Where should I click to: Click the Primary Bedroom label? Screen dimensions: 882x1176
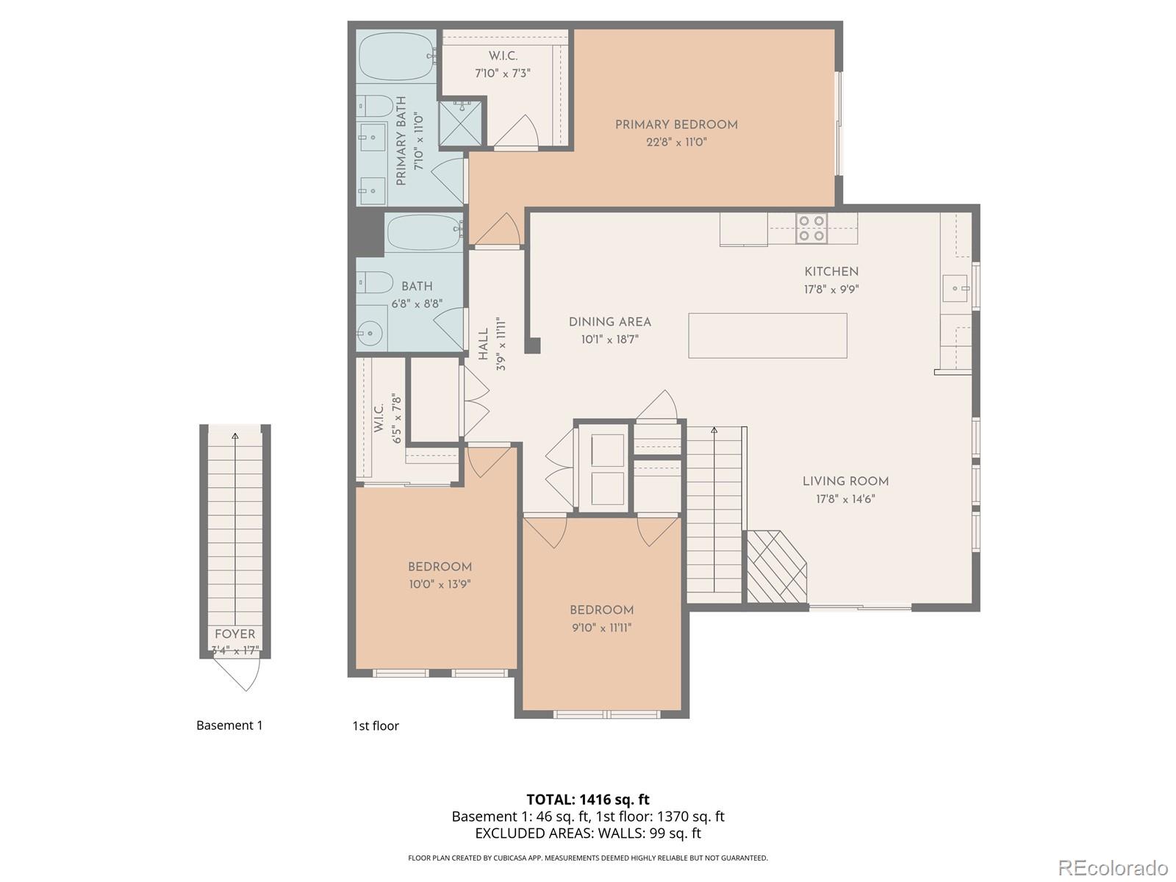coord(676,125)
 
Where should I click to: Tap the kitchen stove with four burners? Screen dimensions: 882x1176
coord(811,228)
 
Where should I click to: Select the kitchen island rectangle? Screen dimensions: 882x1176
coord(767,335)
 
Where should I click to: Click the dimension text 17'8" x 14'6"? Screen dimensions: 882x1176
coord(845,499)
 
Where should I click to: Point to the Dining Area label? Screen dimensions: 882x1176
coord(609,322)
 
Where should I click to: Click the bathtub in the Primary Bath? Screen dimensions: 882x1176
coord(396,57)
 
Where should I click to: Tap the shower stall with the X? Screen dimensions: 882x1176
coord(461,123)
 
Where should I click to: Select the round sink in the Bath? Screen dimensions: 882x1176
coord(371,335)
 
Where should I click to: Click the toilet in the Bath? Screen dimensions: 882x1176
coord(375,282)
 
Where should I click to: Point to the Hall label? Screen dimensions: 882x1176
coord(484,344)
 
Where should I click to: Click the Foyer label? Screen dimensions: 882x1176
coord(235,634)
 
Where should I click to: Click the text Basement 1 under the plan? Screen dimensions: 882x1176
coord(229,725)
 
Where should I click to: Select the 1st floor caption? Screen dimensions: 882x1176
coord(376,726)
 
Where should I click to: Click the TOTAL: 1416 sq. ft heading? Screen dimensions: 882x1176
coord(588,799)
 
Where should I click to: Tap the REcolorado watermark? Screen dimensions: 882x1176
coord(1113,867)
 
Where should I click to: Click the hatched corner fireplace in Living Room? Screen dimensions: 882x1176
coord(775,567)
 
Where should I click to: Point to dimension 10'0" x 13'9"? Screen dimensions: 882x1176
coord(440,584)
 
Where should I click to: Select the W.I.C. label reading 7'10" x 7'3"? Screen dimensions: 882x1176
coord(503,73)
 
